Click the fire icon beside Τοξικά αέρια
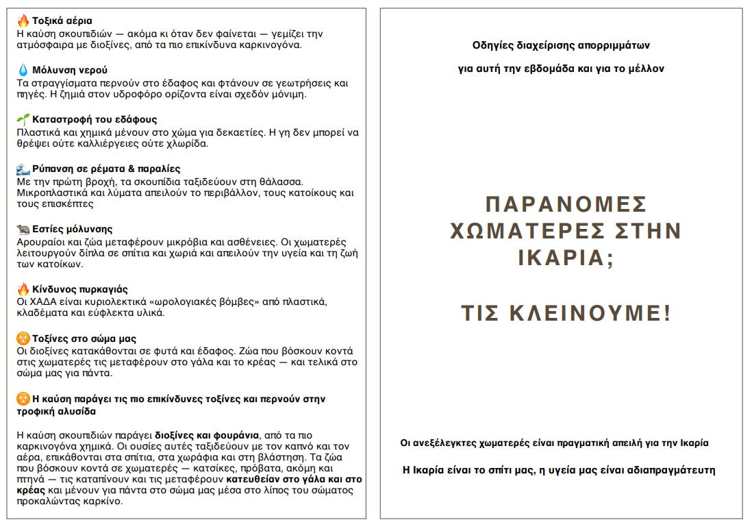tap(23, 21)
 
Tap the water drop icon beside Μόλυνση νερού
tap(23, 70)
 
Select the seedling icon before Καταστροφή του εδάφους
tap(23, 119)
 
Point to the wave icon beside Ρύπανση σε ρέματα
tap(23, 169)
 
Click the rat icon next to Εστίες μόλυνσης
tap(23, 229)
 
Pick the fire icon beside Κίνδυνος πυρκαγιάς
tap(23, 289)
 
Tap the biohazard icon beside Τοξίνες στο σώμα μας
tap(23, 338)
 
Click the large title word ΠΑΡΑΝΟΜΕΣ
tap(566, 204)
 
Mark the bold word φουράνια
tap(238, 435)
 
